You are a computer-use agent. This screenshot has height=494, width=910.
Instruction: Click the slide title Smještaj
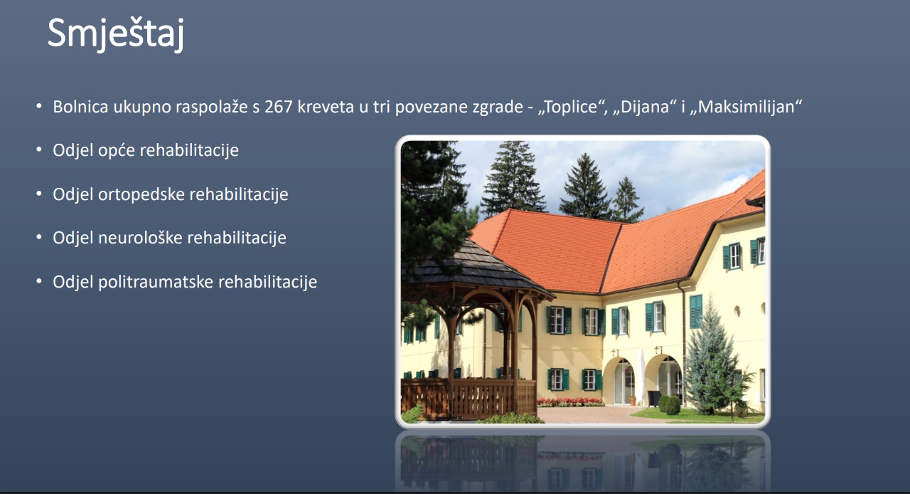point(116,34)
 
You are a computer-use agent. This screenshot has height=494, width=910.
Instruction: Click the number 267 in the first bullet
point(278,107)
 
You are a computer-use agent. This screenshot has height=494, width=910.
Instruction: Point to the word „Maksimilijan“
point(746,107)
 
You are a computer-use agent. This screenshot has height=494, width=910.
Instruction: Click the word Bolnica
point(80,107)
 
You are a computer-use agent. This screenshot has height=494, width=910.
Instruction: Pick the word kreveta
point(326,107)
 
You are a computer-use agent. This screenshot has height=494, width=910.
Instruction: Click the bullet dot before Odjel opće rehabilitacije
point(39,149)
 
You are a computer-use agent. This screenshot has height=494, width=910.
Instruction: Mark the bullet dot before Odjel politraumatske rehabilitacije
point(39,281)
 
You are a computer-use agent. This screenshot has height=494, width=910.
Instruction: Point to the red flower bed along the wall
point(570,401)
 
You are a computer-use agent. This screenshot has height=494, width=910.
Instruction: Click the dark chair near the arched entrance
point(655,398)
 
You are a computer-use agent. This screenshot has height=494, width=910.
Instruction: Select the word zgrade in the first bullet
point(498,107)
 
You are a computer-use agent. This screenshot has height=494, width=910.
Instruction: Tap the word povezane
point(431,107)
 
